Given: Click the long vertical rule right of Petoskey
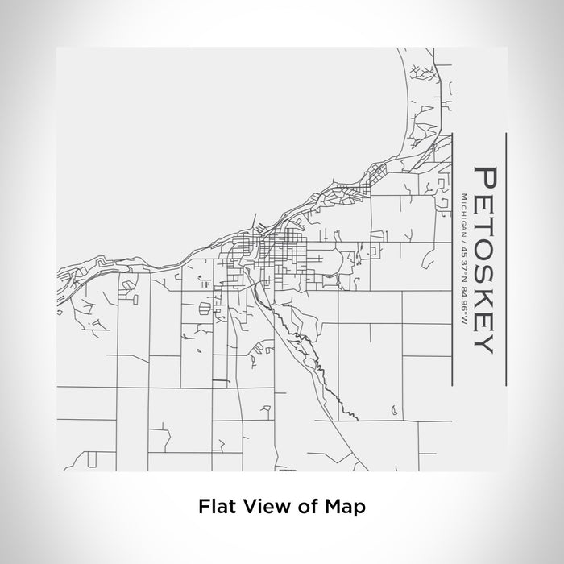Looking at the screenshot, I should point(504,258).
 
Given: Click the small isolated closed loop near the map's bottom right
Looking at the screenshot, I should point(394,413).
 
